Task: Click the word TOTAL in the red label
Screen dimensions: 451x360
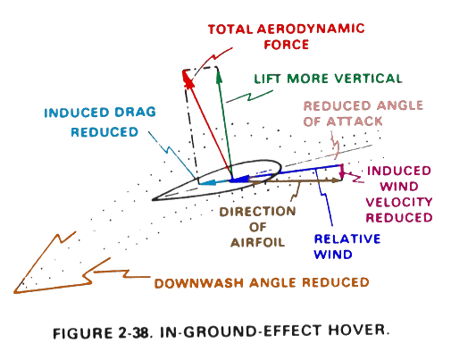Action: click(230, 29)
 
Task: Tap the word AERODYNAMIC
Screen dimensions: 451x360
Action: click(311, 29)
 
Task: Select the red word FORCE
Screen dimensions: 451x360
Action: click(287, 45)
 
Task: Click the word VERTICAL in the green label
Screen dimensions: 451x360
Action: click(368, 79)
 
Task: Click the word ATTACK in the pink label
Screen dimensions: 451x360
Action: click(355, 121)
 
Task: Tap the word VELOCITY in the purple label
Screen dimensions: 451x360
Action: click(399, 202)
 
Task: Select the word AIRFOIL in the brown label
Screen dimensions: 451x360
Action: click(257, 242)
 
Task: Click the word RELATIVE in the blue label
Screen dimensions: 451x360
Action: click(347, 239)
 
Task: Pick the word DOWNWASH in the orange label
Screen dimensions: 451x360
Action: click(199, 283)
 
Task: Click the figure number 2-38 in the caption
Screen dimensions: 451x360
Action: click(133, 332)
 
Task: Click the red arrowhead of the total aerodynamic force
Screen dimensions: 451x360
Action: click(188, 78)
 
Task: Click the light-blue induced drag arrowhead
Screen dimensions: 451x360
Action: click(207, 182)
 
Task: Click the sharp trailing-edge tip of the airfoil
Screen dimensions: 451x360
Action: click(153, 200)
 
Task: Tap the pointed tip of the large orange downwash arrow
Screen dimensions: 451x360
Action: click(14, 293)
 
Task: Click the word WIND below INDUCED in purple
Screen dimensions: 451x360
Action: click(399, 187)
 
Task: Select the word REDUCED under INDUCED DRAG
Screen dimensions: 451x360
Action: click(104, 132)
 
